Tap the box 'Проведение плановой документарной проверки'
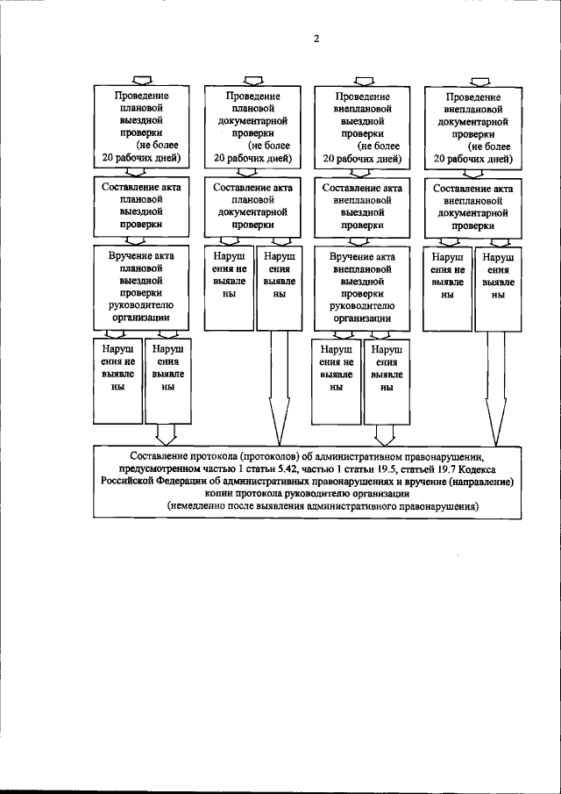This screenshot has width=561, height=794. [x=253, y=126]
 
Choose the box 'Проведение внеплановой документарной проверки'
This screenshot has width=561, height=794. [x=473, y=126]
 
